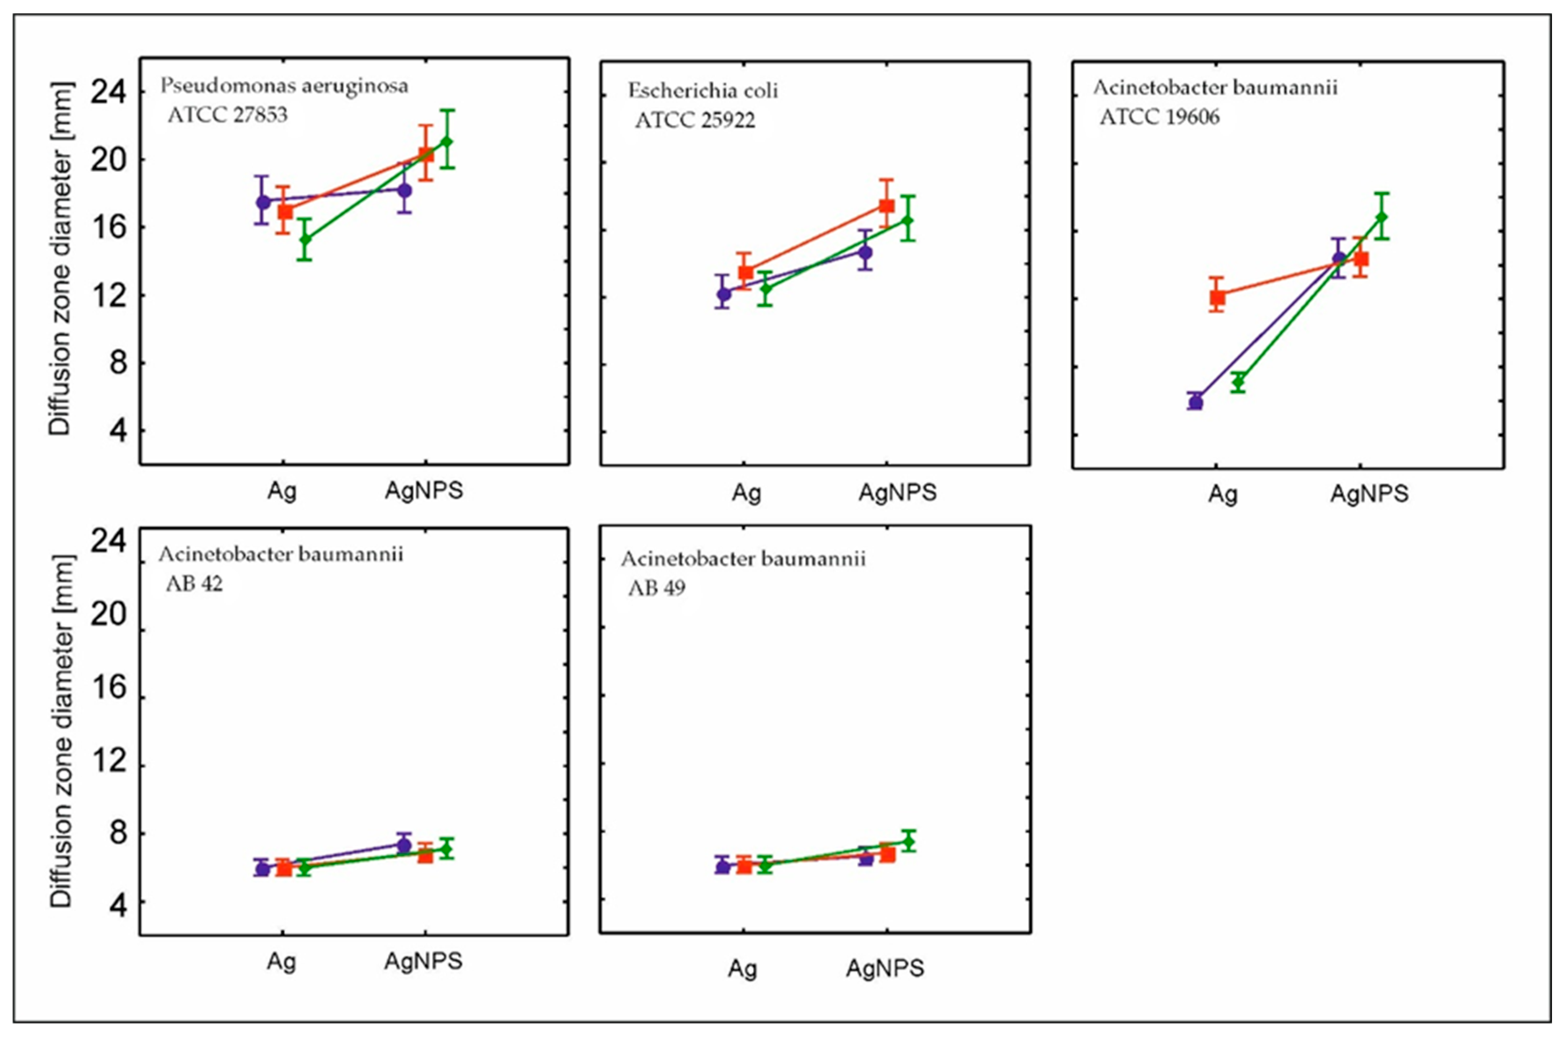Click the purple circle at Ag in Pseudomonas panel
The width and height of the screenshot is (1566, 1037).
coord(263,202)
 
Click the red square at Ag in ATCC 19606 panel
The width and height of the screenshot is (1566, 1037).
coord(1217,297)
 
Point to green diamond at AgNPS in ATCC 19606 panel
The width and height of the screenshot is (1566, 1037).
coord(1381,217)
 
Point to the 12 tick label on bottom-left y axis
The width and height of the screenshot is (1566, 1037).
coord(108,762)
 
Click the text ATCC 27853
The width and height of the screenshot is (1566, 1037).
coord(227,115)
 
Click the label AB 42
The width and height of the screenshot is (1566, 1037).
coord(194,584)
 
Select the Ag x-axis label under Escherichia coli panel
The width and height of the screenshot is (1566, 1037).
coord(746,493)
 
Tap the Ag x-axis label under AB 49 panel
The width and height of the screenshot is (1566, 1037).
coord(742,969)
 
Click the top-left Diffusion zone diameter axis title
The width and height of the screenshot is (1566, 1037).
coord(60,258)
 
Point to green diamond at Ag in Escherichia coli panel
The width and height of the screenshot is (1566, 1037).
coord(765,288)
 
